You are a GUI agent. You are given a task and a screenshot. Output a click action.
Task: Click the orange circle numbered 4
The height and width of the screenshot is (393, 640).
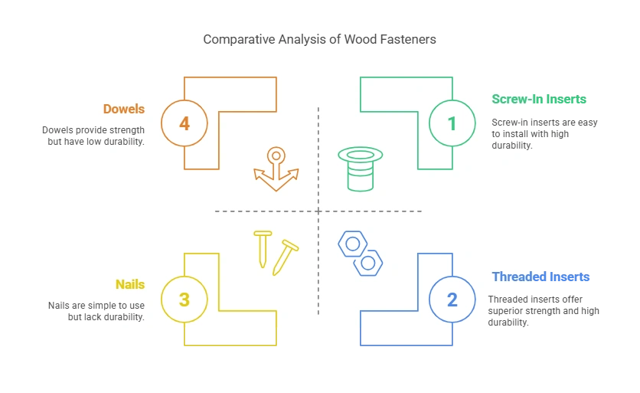184,123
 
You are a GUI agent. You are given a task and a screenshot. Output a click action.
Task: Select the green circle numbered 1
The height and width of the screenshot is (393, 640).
452,123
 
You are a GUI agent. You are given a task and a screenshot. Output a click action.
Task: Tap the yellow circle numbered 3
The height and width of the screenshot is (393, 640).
184,299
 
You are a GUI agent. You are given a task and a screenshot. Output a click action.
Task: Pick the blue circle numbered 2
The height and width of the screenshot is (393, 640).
452,299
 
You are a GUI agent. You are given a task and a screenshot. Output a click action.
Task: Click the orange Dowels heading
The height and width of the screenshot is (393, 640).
124,109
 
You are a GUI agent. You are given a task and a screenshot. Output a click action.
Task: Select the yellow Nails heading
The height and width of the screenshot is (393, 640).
130,285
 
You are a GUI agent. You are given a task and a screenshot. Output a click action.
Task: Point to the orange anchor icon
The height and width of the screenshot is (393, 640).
275,169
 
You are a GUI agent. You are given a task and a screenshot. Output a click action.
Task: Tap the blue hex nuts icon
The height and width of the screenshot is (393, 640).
361,254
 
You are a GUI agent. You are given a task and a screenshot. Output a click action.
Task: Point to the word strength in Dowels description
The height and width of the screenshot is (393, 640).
125,130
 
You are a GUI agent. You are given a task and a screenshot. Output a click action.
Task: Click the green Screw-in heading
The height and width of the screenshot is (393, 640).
513,99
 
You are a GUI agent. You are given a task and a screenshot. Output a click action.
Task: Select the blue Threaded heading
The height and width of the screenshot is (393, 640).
518,277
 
